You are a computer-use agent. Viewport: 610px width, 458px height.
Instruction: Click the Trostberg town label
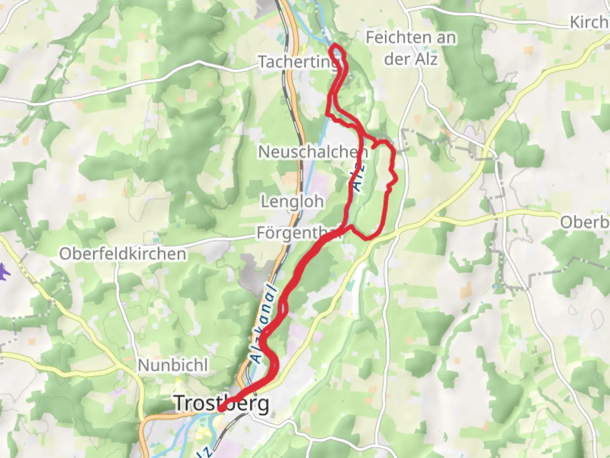pos(222,403)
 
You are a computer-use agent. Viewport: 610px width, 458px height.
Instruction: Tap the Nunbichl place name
pos(173,365)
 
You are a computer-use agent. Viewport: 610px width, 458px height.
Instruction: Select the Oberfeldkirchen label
pos(123,254)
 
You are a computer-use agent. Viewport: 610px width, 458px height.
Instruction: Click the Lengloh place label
pos(292,201)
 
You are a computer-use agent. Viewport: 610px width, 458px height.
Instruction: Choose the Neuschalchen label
pos(313,152)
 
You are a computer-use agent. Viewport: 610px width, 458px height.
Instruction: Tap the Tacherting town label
pos(298,62)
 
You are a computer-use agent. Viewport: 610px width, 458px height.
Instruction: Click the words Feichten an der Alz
pos(410,48)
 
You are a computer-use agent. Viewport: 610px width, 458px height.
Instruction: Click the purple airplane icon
pos(4,272)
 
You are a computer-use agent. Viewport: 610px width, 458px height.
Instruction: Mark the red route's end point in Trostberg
pos(221,409)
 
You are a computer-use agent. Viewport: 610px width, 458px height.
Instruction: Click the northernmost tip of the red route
pos(335,45)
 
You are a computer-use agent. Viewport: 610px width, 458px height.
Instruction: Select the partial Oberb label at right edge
pos(585,222)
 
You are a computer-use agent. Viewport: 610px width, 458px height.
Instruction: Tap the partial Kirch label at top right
pos(590,22)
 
